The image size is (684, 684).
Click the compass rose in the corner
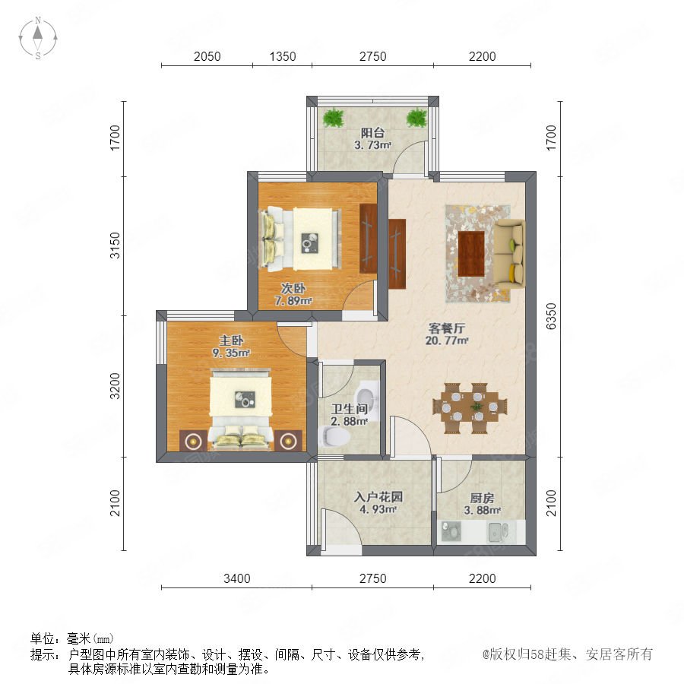pyautogui.click(x=38, y=38)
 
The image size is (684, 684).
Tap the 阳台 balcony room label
pyautogui.click(x=372, y=132)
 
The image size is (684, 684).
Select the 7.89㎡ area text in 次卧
pyautogui.click(x=293, y=300)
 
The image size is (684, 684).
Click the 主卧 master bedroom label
pyautogui.click(x=231, y=340)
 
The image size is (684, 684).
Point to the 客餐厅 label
pyautogui.click(x=447, y=328)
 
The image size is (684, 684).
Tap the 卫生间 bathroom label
pyautogui.click(x=349, y=409)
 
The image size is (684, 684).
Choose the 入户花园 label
pyautogui.click(x=378, y=497)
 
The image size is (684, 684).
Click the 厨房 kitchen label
pyautogui.click(x=482, y=498)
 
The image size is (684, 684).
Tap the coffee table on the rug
pyautogui.click(x=471, y=253)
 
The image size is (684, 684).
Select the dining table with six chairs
pyautogui.click(x=470, y=408)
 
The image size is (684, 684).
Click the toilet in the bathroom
pyautogui.click(x=334, y=436)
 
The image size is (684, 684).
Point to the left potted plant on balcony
pyautogui.click(x=334, y=118)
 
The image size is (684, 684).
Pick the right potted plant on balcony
pyautogui.click(x=416, y=118)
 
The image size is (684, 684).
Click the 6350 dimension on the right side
pyautogui.click(x=551, y=316)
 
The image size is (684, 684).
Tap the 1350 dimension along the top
pyautogui.click(x=282, y=56)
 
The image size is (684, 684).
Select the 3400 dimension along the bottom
pyautogui.click(x=237, y=578)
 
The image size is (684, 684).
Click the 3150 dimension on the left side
pyautogui.click(x=114, y=245)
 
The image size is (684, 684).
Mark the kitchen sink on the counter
pyautogui.click(x=498, y=531)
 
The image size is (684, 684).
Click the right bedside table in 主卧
pyautogui.click(x=288, y=441)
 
